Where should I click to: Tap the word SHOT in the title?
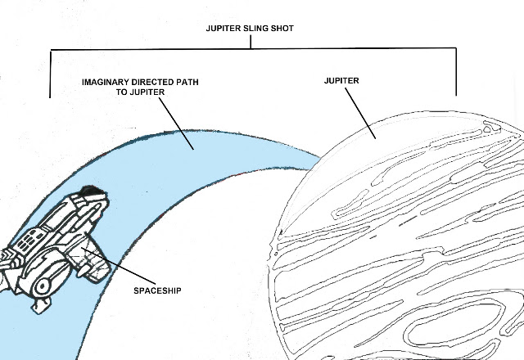click(x=282, y=29)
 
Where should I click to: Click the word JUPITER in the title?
click(x=224, y=29)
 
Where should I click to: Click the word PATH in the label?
click(x=187, y=82)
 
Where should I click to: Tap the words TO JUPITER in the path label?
click(x=140, y=92)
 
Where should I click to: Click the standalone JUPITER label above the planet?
click(x=341, y=81)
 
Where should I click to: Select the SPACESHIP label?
click(x=157, y=291)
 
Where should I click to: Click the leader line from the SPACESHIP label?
click(x=118, y=266)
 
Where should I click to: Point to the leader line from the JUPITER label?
click(x=360, y=113)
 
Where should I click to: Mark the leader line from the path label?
click(x=176, y=124)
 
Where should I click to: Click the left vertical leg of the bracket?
click(x=51, y=74)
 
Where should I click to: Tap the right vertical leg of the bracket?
click(x=456, y=72)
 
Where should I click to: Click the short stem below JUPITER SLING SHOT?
click(x=251, y=42)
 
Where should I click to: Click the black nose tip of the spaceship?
click(x=92, y=190)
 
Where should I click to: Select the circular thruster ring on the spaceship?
click(x=43, y=286)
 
